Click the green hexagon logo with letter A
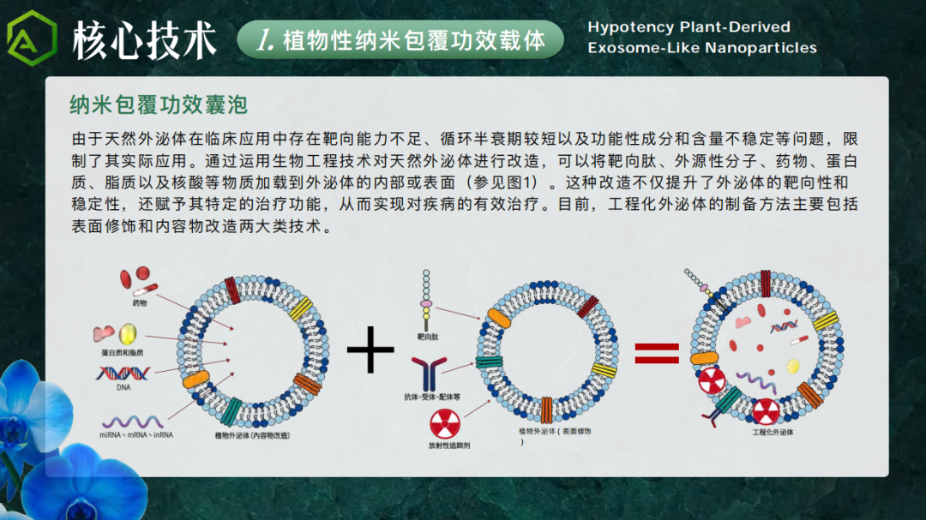(x=32, y=39)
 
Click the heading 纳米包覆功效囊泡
(x=159, y=105)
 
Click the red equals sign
(x=657, y=352)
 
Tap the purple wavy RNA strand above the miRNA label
(x=132, y=421)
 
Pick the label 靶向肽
(x=427, y=338)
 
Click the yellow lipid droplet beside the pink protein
(x=128, y=333)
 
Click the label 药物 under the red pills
(x=140, y=303)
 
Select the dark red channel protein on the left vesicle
(x=232, y=291)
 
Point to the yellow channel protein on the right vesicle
(x=826, y=321)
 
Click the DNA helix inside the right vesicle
(x=784, y=326)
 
